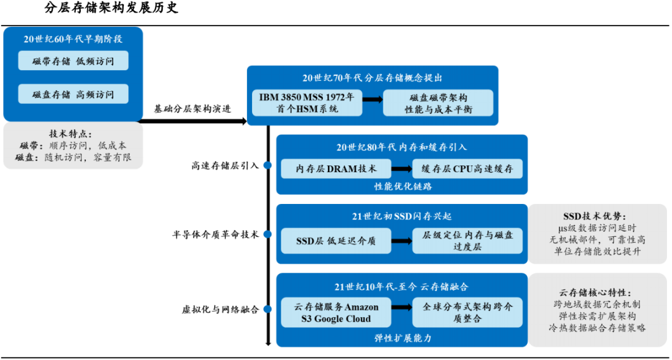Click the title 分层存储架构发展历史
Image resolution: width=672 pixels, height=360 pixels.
pyautogui.click(x=111, y=9)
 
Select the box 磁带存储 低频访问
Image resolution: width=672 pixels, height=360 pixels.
pyautogui.click(x=73, y=61)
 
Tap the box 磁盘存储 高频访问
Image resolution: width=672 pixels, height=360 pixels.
pyautogui.click(x=73, y=95)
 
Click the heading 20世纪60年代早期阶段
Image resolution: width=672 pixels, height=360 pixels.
pyautogui.click(x=73, y=39)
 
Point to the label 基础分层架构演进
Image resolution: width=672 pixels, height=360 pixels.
pyautogui.click(x=192, y=108)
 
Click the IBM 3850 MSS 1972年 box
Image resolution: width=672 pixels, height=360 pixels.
pyautogui.click(x=307, y=103)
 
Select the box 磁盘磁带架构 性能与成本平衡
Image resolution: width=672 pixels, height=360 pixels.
pyautogui.click(x=438, y=103)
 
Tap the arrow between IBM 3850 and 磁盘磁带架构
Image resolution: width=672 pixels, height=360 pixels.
pyautogui.click(x=373, y=99)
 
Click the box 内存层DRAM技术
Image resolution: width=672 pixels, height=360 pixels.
pyautogui.click(x=336, y=168)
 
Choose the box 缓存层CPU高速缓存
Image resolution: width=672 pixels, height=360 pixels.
pyautogui.click(x=467, y=168)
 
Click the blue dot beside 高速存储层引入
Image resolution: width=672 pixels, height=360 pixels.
pyautogui.click(x=268, y=165)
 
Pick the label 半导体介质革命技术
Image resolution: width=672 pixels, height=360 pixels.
pyautogui.click(x=215, y=235)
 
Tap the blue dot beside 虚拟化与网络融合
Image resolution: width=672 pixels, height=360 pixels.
pyautogui.click(x=268, y=309)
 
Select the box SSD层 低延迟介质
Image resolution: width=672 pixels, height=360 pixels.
pyautogui.click(x=336, y=241)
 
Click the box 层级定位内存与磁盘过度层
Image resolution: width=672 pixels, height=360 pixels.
pyautogui.click(x=467, y=241)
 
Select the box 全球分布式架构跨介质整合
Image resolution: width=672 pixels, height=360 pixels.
pyautogui.click(x=467, y=313)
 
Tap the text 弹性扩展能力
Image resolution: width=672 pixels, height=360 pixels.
pyautogui.click(x=403, y=338)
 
